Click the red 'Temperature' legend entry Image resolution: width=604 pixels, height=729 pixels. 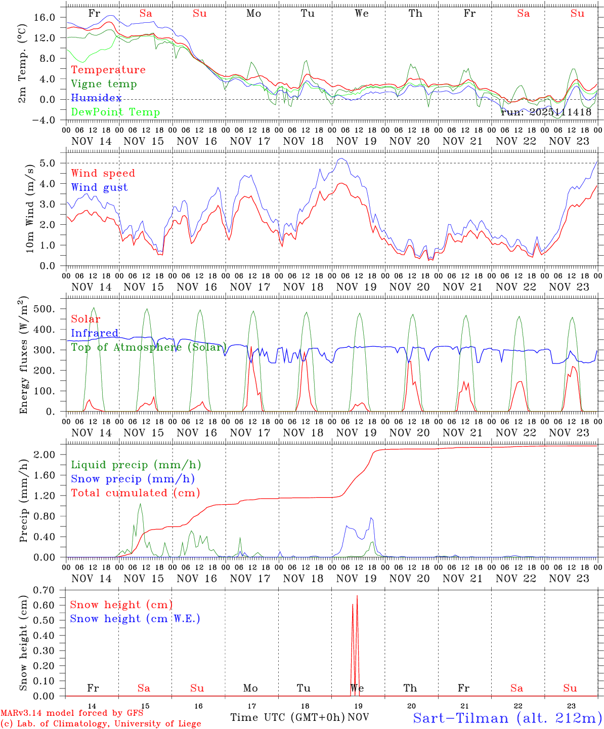click(x=108, y=70)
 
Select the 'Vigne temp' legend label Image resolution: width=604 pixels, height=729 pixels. click(x=104, y=84)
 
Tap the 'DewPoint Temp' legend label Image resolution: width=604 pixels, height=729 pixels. click(x=115, y=112)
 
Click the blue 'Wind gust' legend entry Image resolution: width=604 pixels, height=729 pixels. click(x=99, y=187)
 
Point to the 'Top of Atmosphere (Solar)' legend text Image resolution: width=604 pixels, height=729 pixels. click(x=149, y=347)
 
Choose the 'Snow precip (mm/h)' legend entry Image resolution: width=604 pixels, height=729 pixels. click(x=133, y=479)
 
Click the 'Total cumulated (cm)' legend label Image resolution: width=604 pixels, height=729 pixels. click(x=136, y=493)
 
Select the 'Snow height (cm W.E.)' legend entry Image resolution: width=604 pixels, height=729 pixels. click(x=135, y=619)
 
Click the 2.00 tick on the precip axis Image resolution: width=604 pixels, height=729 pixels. click(x=45, y=455)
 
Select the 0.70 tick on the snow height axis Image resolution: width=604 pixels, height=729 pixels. click(x=45, y=590)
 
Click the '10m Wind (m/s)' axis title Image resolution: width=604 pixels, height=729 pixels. click(x=30, y=208)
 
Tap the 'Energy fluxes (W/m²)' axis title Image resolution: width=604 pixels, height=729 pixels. click(x=23, y=356)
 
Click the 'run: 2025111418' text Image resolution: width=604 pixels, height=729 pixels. click(x=546, y=112)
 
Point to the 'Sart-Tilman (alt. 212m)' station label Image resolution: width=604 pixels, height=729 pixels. click(x=507, y=718)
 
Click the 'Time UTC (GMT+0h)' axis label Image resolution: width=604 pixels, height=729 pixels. click(x=288, y=717)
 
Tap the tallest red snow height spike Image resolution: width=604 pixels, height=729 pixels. click(x=357, y=596)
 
